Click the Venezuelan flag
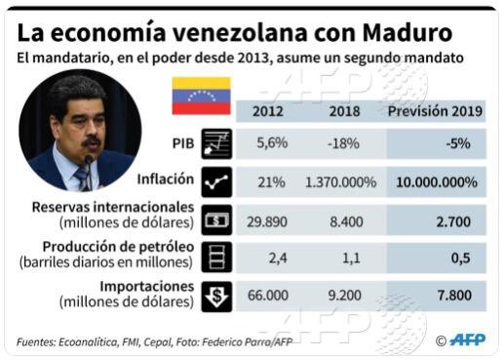[201, 96]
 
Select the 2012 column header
[268, 110]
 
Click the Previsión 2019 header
[435, 110]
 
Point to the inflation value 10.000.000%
[436, 181]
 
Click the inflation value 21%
[271, 181]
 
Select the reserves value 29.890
[266, 221]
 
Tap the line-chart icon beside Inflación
[215, 180]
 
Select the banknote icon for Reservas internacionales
[215, 219]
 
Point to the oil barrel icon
[215, 257]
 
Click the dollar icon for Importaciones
[215, 296]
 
